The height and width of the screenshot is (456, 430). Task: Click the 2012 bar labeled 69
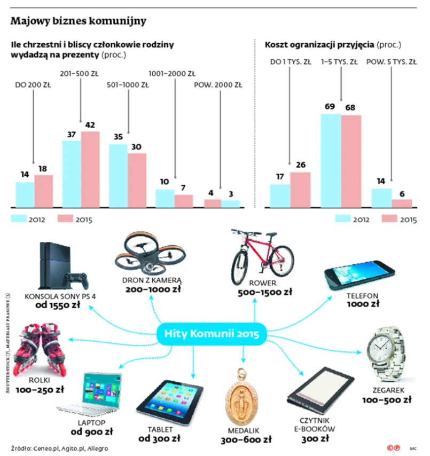pyautogui.click(x=330, y=160)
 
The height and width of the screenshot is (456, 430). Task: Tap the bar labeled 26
pyautogui.click(x=300, y=190)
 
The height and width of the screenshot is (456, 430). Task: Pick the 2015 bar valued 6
pyautogui.click(x=401, y=203)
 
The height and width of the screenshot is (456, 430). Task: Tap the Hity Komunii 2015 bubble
pyautogui.click(x=212, y=335)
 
